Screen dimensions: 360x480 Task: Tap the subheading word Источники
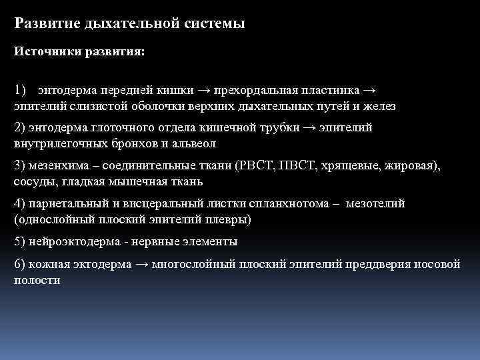tap(46, 53)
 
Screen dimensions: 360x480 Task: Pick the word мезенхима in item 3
tap(55, 165)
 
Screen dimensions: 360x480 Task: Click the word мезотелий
tap(375, 203)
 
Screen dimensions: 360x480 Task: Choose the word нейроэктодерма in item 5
tap(61, 241)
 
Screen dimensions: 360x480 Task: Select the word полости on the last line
tap(36, 280)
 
